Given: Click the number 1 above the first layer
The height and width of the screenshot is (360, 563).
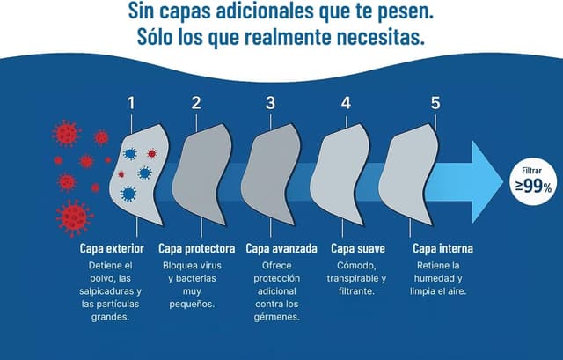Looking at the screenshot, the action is pos(131,103).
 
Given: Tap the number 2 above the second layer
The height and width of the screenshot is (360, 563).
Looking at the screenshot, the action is pos(196,103).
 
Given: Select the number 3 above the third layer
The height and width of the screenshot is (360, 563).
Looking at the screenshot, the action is pos(270,103).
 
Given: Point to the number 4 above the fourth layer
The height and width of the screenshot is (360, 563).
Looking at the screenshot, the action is pos(346,103).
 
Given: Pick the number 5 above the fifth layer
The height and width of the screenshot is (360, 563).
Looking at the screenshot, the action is pos(435,103).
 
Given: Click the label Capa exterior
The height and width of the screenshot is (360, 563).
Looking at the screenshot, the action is pos(112,248).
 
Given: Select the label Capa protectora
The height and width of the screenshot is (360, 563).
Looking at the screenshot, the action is pos(197,248).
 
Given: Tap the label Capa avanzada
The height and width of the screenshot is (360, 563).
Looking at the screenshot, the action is pos(281,248).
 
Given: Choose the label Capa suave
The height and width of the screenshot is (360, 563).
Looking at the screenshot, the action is pos(358,248).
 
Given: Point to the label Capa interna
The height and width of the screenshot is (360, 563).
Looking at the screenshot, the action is pos(442,248).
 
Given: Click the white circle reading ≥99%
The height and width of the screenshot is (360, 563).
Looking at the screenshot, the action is pos(533,181).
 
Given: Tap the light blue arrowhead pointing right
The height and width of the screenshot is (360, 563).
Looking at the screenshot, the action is pos(487,181).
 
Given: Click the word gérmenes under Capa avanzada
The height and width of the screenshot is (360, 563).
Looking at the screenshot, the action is pos(276,317).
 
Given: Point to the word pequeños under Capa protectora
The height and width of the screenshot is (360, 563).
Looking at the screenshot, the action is pos(192,305).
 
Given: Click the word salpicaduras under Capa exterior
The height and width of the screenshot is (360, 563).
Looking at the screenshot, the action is pos(106,291).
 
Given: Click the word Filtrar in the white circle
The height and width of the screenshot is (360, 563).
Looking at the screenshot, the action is pos(531,171).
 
